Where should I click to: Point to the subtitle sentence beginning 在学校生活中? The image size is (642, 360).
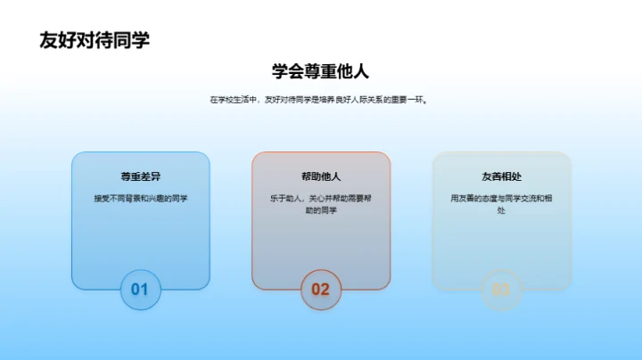320,101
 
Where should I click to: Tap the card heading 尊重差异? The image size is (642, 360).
140,176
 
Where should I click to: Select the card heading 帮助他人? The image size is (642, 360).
320,176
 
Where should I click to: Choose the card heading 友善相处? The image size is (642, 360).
501,176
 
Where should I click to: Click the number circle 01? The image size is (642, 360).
140,289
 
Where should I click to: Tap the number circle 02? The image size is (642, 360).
320,289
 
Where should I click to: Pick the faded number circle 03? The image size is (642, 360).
501,289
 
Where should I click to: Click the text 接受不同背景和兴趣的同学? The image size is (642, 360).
140,198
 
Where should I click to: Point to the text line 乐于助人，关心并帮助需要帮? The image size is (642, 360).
320,198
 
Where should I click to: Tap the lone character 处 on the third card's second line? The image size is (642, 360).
501,211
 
